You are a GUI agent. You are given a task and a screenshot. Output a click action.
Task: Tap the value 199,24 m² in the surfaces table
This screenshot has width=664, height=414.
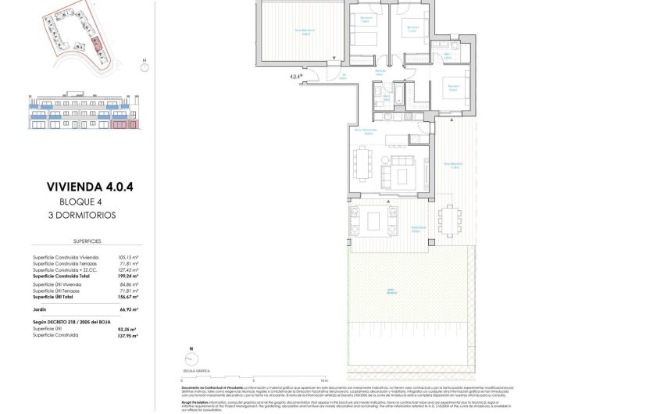(x=127, y=276)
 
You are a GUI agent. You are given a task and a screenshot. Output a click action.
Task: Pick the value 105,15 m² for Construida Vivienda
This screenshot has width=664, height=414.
(x=127, y=257)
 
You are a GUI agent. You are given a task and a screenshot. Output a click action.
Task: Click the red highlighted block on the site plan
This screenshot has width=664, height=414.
(x=95, y=44)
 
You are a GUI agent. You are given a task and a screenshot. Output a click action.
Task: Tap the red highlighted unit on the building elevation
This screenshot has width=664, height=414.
(x=121, y=123)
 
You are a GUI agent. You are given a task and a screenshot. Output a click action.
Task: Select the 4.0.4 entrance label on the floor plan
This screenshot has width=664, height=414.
(x=295, y=77)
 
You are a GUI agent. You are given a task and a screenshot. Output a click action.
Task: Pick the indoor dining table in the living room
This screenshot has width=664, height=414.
(x=360, y=165)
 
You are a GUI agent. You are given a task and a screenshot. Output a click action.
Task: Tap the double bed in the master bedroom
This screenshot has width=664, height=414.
(x=454, y=88)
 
